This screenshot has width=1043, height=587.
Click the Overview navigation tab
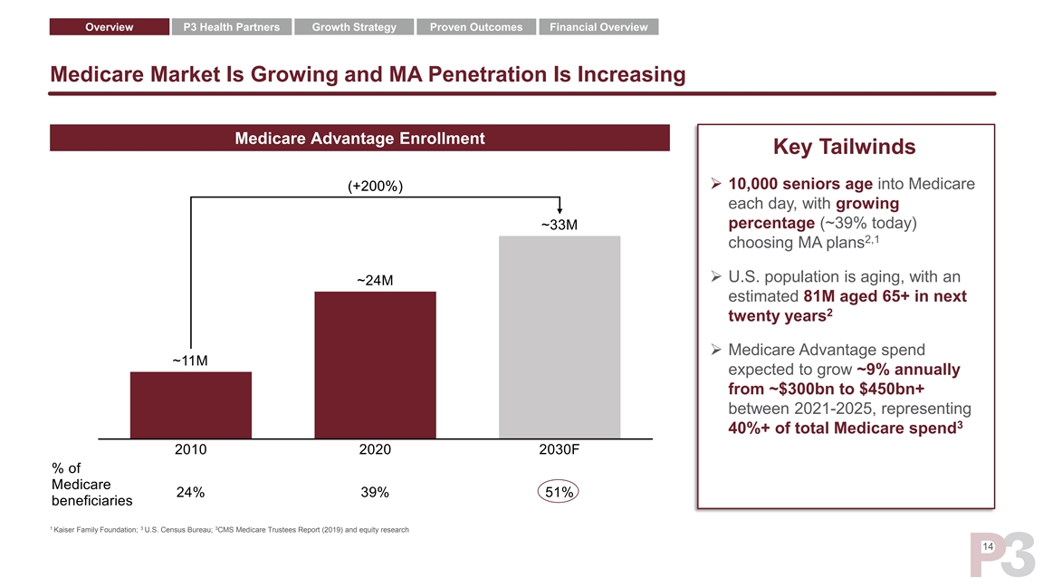click(109, 27)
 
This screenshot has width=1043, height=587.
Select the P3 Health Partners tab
click(232, 27)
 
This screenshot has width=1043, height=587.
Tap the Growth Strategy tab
click(354, 27)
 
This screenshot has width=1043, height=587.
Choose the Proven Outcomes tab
click(476, 27)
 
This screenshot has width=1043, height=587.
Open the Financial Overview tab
click(598, 27)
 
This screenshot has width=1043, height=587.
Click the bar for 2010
click(191, 405)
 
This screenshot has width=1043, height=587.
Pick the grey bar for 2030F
click(560, 337)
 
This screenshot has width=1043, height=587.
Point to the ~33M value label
click(560, 224)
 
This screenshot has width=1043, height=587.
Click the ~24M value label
click(375, 280)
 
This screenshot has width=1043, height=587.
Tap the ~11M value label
click(190, 361)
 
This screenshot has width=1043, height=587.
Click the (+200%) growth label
click(376, 187)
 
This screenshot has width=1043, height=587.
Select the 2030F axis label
click(560, 449)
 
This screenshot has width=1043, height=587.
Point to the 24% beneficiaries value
click(190, 493)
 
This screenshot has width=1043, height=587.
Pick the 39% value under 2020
click(375, 493)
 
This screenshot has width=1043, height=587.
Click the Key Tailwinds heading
click(844, 147)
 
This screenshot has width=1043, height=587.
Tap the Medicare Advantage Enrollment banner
click(359, 139)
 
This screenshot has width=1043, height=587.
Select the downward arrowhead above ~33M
click(560, 211)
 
